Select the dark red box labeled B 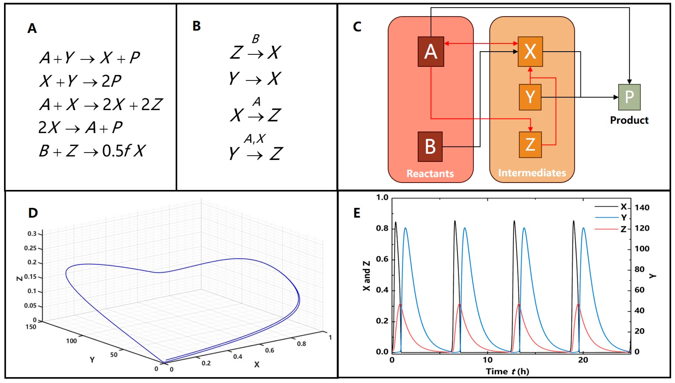(x=430, y=146)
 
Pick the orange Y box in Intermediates (x=530, y=97)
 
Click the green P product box (x=629, y=97)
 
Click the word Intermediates (x=532, y=173)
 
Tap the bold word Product (x=629, y=120)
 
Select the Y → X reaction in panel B (x=255, y=78)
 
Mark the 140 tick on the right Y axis (x=642, y=207)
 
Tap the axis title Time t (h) (x=507, y=371)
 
